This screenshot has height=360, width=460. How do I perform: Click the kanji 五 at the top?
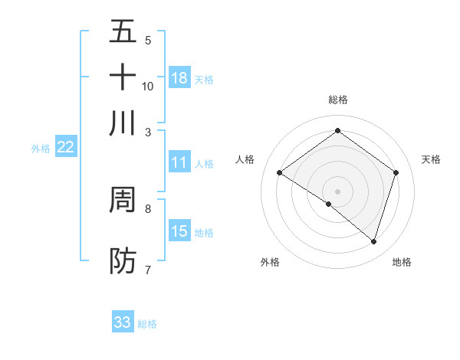click(x=123, y=31)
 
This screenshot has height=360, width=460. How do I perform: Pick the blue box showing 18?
click(x=179, y=77)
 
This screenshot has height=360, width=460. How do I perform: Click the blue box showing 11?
click(x=179, y=162)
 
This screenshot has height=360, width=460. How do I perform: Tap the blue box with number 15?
click(x=179, y=231)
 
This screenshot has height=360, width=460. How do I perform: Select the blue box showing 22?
click(x=65, y=148)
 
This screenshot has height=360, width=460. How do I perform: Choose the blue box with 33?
click(x=123, y=322)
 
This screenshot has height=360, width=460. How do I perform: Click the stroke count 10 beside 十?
click(x=148, y=86)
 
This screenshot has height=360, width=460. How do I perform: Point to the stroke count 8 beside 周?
click(x=148, y=208)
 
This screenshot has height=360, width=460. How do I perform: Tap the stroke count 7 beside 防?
click(x=148, y=269)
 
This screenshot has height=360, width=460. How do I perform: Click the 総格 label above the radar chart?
click(x=337, y=100)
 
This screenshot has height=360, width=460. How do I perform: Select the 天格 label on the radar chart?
click(x=431, y=159)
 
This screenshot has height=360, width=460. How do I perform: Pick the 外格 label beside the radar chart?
click(x=270, y=262)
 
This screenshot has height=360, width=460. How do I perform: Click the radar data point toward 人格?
click(x=279, y=173)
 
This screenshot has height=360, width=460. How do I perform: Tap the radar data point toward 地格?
click(x=374, y=241)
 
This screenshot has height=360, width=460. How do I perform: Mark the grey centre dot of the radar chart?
click(x=337, y=191)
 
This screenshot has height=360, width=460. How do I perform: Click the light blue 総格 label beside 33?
click(x=147, y=324)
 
